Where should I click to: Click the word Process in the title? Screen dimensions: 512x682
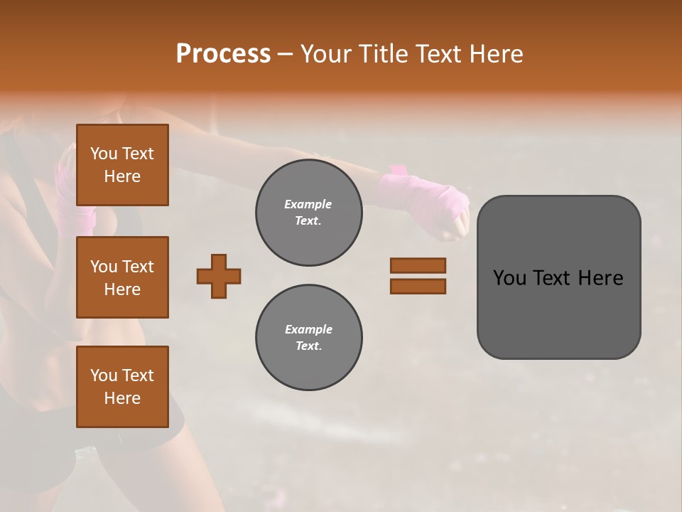click(223, 53)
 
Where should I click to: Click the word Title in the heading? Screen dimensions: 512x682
click(384, 54)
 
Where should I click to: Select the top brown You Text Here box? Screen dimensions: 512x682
click(122, 165)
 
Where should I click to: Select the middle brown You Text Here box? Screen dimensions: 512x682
click(122, 277)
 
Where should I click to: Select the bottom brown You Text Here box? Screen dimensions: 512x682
click(122, 386)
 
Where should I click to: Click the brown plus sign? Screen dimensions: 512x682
click(219, 276)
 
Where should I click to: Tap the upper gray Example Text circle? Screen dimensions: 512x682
click(308, 213)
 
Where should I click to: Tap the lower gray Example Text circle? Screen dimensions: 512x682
click(308, 338)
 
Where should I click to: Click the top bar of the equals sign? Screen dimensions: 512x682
click(418, 266)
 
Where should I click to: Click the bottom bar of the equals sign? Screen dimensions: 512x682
click(418, 286)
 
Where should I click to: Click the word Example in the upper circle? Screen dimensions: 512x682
click(308, 205)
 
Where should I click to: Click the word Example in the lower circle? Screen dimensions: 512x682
click(308, 330)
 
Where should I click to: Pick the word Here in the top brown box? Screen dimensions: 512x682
click(122, 176)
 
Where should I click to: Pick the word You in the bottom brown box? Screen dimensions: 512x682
click(103, 375)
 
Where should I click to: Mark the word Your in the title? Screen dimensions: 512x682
click(326, 54)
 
